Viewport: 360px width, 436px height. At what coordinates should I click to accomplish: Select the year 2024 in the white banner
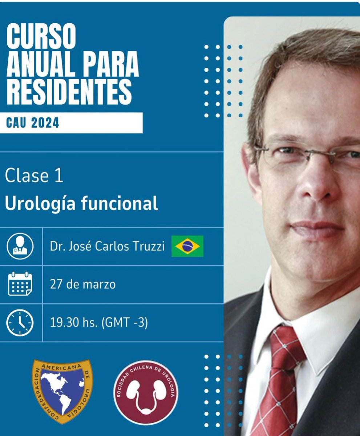45,123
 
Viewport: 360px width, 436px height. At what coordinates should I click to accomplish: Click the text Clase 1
34,176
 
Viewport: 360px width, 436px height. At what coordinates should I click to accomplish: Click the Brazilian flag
187,246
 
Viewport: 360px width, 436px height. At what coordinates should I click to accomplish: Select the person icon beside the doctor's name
20,246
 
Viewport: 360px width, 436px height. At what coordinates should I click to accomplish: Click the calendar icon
20,284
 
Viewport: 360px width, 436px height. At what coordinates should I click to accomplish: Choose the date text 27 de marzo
83,284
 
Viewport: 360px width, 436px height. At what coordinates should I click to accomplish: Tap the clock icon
20,323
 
